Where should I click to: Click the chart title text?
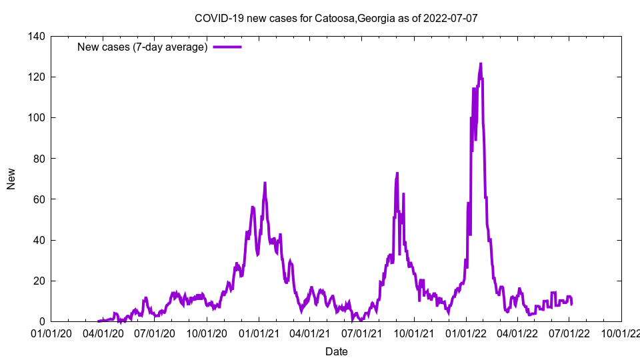pyautogui.click(x=335, y=19)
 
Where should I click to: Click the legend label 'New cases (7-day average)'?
pyautogui.click(x=143, y=47)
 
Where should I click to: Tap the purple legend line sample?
pyautogui.click(x=227, y=47)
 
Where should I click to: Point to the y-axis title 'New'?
pyautogui.click(x=11, y=179)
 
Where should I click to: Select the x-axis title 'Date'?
pyautogui.click(x=336, y=351)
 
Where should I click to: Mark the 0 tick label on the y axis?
pyautogui.click(x=42, y=321)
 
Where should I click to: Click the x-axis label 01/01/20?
pyautogui.click(x=51, y=331)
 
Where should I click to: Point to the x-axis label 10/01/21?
pyautogui.click(x=414, y=331)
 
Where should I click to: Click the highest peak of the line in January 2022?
pyautogui.click(x=481, y=64)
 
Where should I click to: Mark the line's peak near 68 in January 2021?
pyautogui.click(x=265, y=183)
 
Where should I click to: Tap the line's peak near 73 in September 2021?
pyautogui.click(x=397, y=173)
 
